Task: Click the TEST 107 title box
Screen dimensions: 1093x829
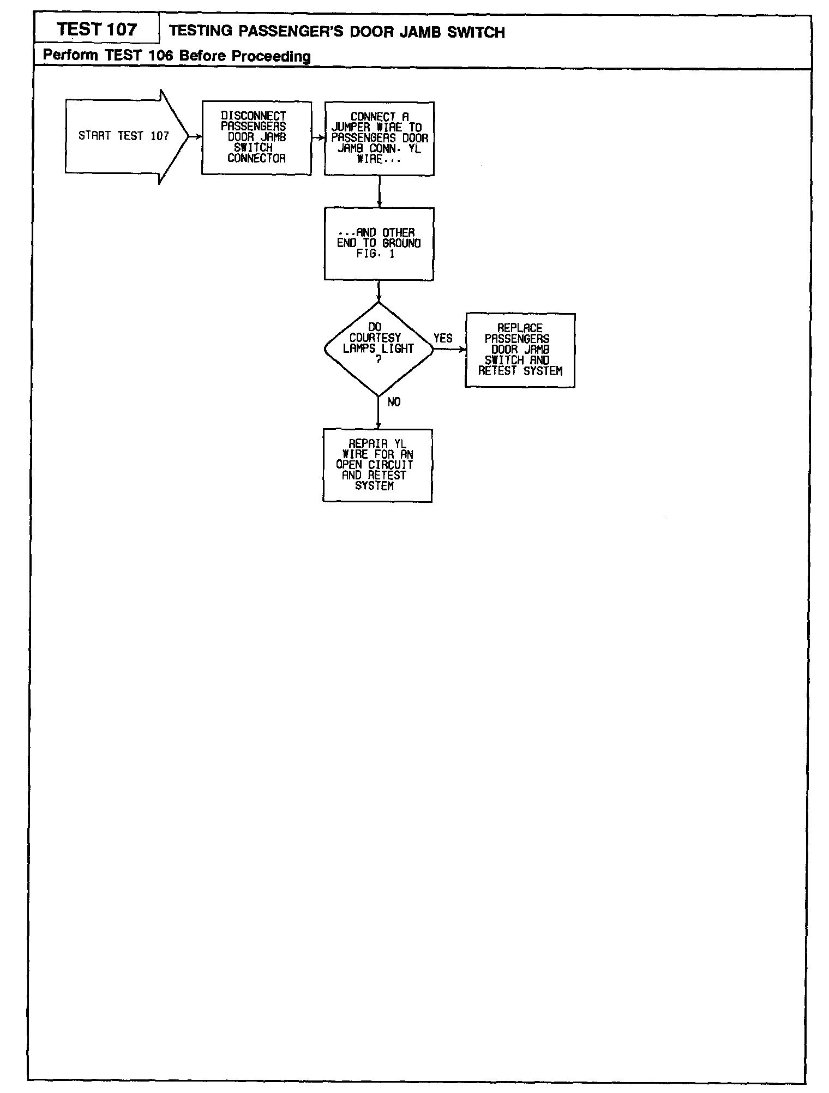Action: click(97, 29)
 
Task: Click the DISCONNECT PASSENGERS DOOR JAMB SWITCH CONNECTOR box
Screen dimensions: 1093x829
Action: click(256, 137)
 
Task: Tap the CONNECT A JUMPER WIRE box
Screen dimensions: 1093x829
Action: click(379, 139)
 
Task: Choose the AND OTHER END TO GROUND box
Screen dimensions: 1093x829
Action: click(379, 243)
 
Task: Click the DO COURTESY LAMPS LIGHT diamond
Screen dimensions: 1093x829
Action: click(378, 349)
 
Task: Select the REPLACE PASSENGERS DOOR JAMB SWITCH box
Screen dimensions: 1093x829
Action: click(520, 350)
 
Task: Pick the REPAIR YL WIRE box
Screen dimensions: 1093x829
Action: click(377, 465)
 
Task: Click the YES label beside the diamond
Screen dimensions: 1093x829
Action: click(443, 338)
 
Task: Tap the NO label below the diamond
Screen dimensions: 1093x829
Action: click(394, 402)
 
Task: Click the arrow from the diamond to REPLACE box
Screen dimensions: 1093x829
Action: click(449, 349)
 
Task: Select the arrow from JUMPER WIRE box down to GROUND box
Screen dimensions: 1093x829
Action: click(379, 191)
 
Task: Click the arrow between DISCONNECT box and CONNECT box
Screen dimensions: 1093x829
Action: click(318, 138)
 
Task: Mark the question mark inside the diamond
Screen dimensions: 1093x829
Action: click(378, 359)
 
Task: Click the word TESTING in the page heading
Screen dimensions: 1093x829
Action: click(201, 31)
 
